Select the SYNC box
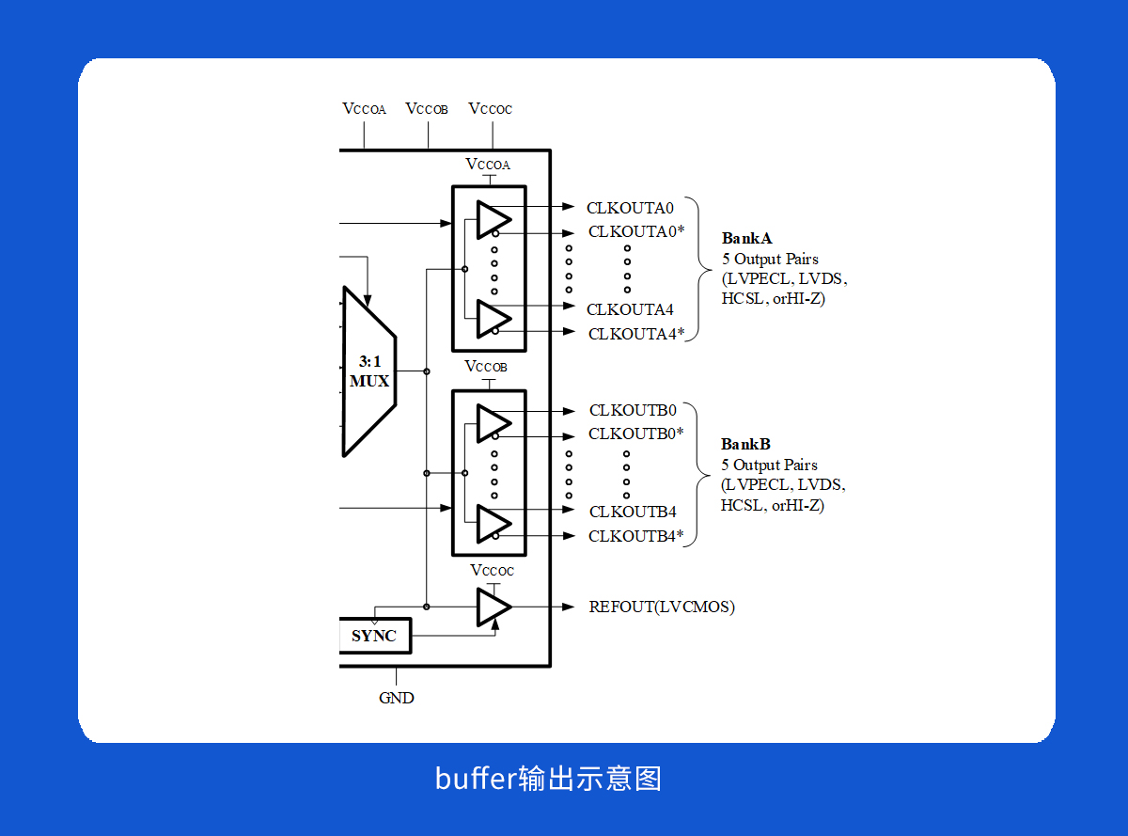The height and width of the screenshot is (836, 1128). [373, 636]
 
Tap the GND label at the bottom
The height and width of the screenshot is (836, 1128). [396, 698]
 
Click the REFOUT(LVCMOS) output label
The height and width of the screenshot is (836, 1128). [662, 607]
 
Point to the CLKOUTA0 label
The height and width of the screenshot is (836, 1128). [630, 208]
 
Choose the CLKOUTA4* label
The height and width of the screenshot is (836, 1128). [636, 333]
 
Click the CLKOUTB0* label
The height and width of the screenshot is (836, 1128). [636, 434]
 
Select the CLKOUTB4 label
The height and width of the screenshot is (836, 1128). [633, 512]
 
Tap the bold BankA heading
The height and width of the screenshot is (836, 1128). [746, 238]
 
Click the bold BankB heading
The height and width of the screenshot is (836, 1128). [745, 444]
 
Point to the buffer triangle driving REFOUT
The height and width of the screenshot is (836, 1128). [492, 607]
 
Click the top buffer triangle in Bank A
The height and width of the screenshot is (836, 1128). [492, 219]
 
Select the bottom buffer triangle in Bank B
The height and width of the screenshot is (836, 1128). [492, 523]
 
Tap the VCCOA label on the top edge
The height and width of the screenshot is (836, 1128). [364, 109]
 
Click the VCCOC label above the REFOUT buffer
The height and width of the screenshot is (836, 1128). [493, 571]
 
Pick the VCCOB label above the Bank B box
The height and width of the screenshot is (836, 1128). [486, 367]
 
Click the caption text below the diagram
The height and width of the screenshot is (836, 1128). [548, 779]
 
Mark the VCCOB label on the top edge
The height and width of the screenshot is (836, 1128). [427, 109]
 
